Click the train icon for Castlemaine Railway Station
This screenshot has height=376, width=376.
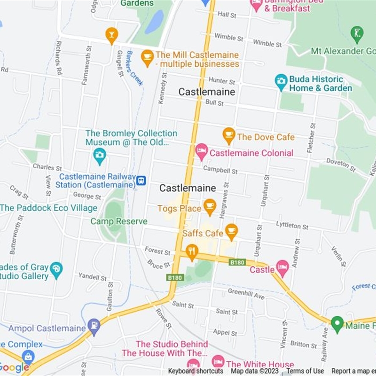click(141, 180)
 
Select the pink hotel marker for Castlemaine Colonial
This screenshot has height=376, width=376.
click(201, 152)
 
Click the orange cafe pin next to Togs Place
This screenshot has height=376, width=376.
click(210, 206)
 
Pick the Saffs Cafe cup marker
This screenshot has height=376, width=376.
click(231, 231)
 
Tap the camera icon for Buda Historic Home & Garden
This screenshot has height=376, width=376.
click(281, 82)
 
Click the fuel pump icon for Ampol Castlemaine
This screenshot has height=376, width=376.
click(94, 326)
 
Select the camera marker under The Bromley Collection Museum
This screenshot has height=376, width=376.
click(100, 156)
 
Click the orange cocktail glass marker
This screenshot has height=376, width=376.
click(111, 35)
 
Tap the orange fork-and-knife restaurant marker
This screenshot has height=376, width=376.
click(191, 251)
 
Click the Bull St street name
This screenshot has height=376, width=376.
click(214, 102)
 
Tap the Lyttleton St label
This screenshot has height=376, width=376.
click(292, 226)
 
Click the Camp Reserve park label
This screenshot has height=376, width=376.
click(119, 221)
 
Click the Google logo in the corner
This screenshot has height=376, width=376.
click(14, 368)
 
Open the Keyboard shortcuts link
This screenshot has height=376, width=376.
click(196, 371)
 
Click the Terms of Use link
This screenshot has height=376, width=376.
click(305, 371)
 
